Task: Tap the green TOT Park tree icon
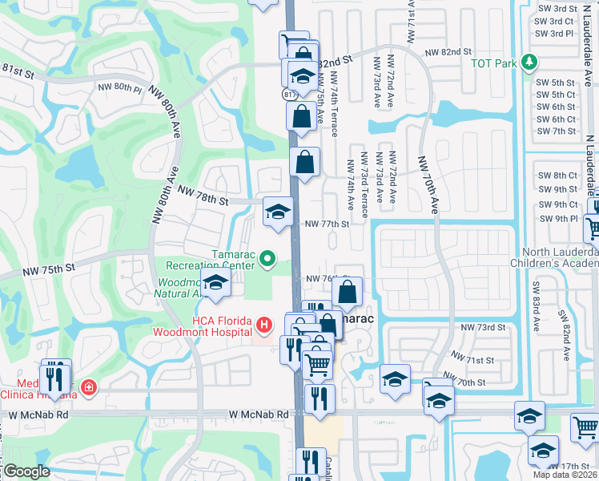(x=528, y=62)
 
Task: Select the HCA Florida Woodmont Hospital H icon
(x=263, y=325)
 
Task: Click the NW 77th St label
(x=327, y=224)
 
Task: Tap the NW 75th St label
(x=53, y=267)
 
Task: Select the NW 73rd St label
(x=483, y=328)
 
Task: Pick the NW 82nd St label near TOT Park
(x=447, y=52)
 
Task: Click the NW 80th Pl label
(x=119, y=87)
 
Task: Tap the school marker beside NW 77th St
(x=278, y=212)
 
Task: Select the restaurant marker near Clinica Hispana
(x=55, y=377)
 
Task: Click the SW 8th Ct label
(x=557, y=176)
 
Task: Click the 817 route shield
(x=290, y=94)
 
